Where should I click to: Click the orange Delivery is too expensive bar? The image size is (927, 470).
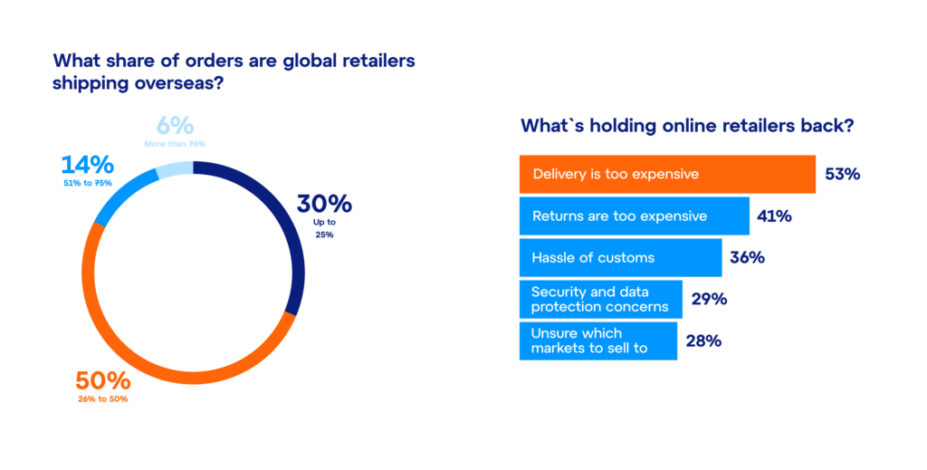tap(667, 174)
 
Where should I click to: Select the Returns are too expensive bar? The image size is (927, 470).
tap(634, 216)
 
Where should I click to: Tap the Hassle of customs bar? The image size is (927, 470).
tap(620, 258)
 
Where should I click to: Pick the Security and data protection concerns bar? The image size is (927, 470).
tap(600, 300)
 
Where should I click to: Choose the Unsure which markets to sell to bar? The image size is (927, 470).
tap(597, 341)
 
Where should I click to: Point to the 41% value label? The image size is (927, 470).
tap(775, 216)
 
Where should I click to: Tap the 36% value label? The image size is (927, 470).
tap(747, 258)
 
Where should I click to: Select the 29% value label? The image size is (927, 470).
tap(709, 300)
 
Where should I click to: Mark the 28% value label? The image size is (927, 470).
tap(703, 341)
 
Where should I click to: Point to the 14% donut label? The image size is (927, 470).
tap(88, 166)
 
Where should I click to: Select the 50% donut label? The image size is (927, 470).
tap(102, 381)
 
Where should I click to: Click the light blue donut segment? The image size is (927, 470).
tap(174, 169)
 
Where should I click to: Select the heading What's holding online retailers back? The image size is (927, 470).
tap(685, 126)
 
